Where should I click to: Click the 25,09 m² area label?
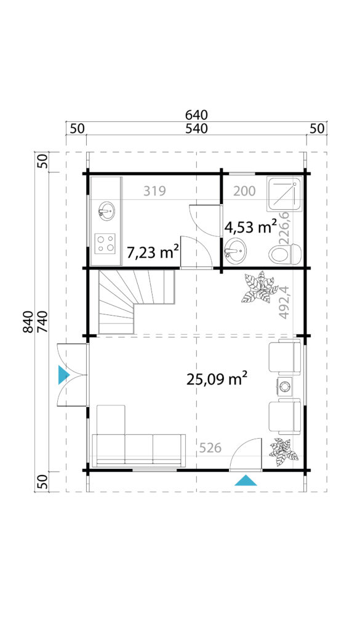[x=217, y=378]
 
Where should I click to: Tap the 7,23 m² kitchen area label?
[x=153, y=253]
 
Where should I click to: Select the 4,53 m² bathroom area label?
[x=250, y=228]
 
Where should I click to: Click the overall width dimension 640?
[x=196, y=115]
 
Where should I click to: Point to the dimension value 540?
[x=196, y=129]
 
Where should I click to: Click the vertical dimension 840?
[x=28, y=321]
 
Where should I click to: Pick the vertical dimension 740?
[x=42, y=321]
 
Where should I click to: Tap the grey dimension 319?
[x=154, y=191]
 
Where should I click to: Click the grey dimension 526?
[x=210, y=448]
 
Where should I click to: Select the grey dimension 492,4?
[x=284, y=301]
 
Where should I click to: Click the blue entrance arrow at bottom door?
[x=246, y=480]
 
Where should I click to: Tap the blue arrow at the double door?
[x=64, y=375]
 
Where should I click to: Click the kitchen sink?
[x=106, y=210]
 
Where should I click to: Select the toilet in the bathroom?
[x=285, y=254]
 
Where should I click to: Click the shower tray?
[x=284, y=194]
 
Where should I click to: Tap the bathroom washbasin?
[x=235, y=251]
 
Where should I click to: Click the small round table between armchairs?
[x=285, y=386]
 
